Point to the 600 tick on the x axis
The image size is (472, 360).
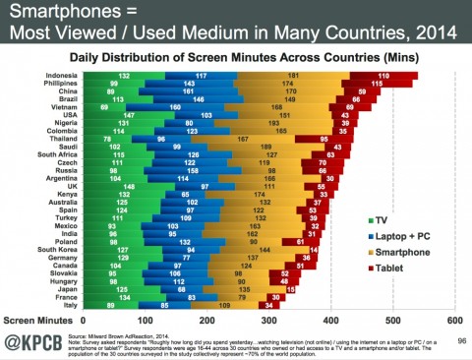(454, 320)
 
